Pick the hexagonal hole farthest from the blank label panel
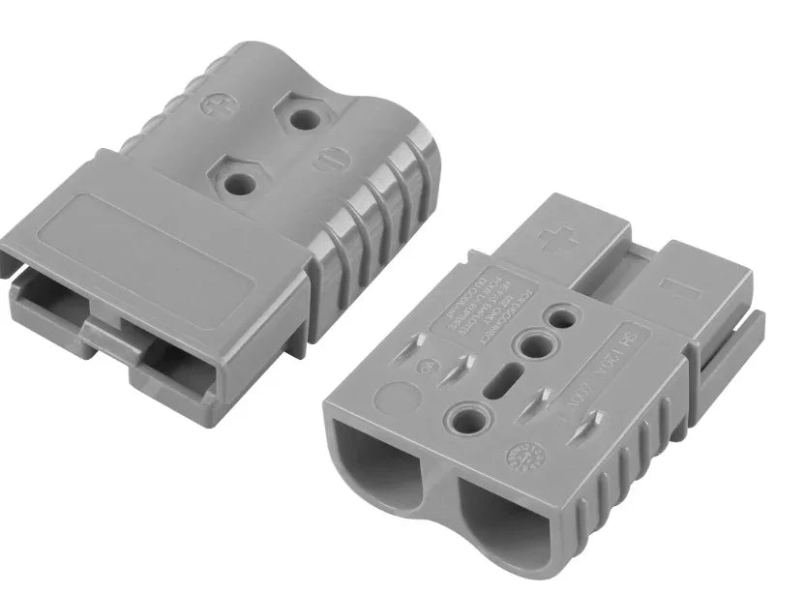306,119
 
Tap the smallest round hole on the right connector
559,317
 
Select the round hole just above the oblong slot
533,343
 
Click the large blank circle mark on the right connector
395,396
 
